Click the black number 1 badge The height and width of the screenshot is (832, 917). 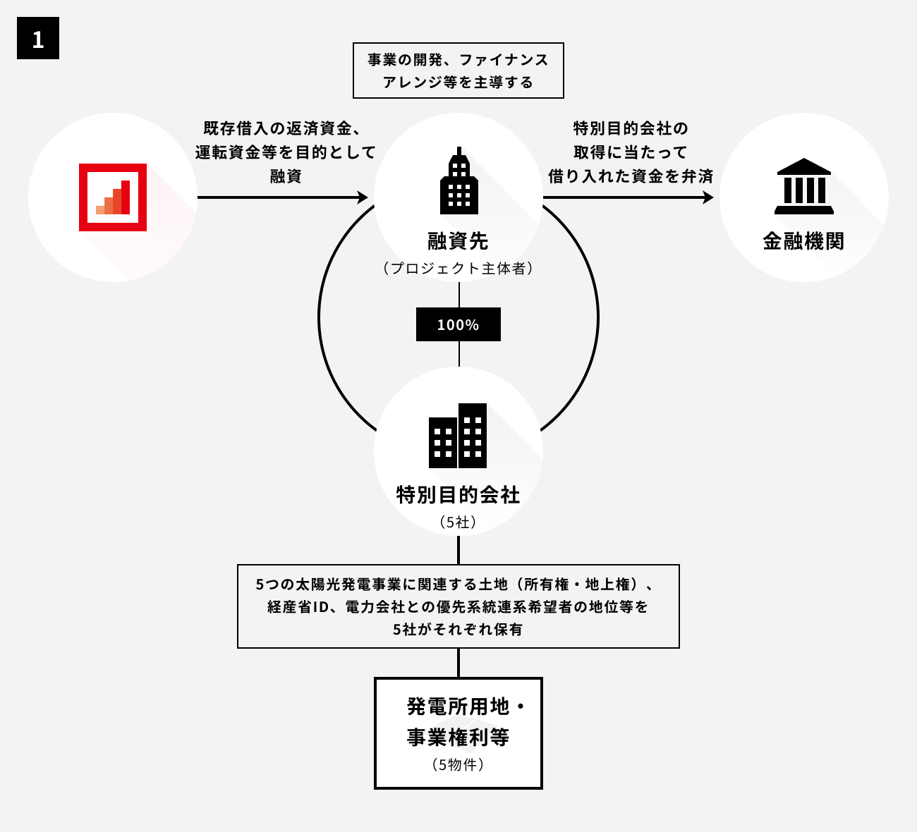point(38,38)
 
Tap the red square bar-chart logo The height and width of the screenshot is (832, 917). point(113,197)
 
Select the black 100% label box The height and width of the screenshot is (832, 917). point(458,324)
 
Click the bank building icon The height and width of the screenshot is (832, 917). point(803,187)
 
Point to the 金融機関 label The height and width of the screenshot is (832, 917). point(803,242)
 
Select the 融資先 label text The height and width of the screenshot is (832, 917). point(458,242)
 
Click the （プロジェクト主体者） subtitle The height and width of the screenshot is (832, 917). point(458,269)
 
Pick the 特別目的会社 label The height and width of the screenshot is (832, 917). point(458,495)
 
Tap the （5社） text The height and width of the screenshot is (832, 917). point(458,522)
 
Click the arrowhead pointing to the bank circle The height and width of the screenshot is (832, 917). point(708,197)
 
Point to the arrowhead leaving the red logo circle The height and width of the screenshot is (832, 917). point(363,197)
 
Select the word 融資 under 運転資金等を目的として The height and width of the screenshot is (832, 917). point(286,176)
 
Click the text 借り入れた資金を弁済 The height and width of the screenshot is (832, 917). point(631,176)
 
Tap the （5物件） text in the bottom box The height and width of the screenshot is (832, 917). point(458,765)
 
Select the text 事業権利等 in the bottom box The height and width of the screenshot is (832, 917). point(458,738)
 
